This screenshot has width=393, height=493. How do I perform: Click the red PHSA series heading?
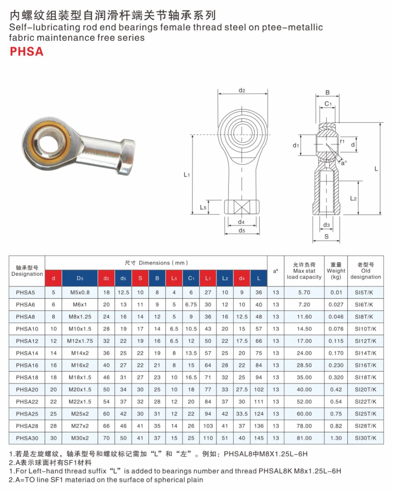[x=26, y=51]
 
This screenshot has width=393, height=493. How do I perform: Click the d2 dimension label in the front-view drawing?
[x=242, y=90]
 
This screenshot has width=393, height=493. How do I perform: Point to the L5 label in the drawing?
[x=203, y=207]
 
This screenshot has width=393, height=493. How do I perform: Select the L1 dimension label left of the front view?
[x=187, y=175]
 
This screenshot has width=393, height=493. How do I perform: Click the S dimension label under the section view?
[x=326, y=237]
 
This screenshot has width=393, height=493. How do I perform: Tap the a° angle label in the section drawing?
[x=344, y=162]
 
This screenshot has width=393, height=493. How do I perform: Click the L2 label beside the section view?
[x=353, y=199]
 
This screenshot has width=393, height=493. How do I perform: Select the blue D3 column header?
[x=80, y=278]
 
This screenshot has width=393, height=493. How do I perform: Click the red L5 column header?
[x=174, y=278]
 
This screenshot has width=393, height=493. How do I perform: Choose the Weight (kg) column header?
[x=336, y=271]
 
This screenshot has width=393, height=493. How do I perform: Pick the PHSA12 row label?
[x=27, y=341]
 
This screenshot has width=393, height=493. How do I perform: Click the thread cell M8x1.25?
[x=80, y=317]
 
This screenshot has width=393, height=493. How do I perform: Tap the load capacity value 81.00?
[x=304, y=438]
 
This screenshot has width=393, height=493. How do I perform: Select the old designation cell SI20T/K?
[x=365, y=390]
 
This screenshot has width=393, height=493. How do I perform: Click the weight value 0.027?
[x=336, y=305]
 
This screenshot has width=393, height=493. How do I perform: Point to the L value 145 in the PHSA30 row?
[x=259, y=438]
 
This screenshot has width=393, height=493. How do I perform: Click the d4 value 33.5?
[x=242, y=414]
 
